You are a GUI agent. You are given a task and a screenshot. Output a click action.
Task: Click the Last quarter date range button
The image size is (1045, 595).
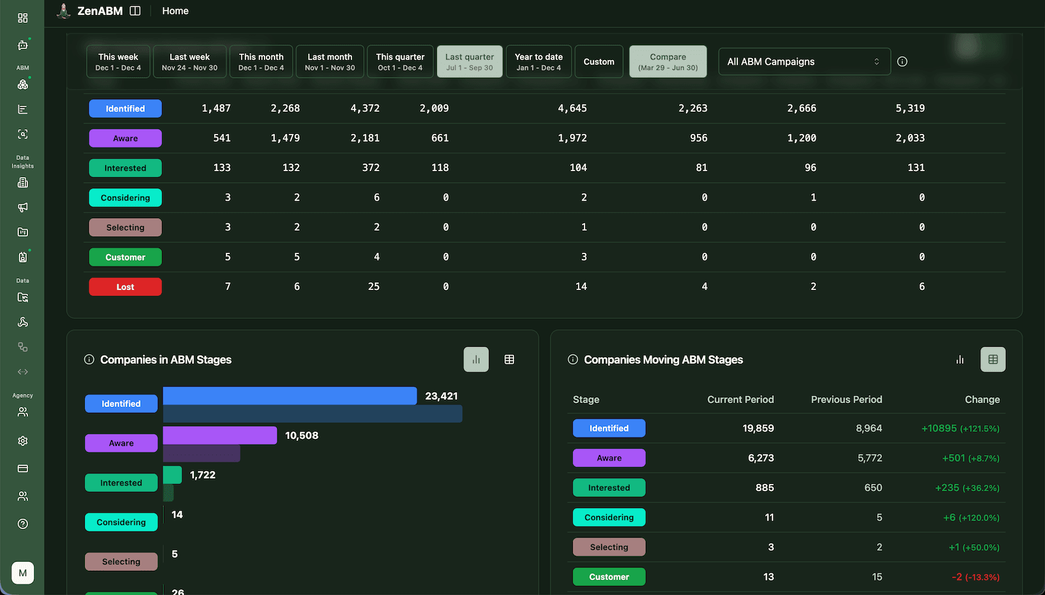[x=469, y=61]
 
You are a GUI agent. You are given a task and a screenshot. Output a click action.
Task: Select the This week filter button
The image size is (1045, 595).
[x=118, y=61]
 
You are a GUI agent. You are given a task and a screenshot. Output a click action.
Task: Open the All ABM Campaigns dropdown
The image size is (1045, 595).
[x=804, y=61]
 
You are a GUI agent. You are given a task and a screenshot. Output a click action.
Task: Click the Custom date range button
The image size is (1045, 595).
[x=598, y=61]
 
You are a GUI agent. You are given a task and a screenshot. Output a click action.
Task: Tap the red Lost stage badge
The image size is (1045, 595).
[x=125, y=287]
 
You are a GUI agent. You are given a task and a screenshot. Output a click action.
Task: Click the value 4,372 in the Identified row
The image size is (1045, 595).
[x=364, y=108]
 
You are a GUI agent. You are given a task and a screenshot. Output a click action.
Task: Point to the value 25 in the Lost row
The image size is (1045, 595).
[x=374, y=287]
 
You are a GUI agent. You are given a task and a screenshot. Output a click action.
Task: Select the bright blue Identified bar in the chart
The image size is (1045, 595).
[x=289, y=396]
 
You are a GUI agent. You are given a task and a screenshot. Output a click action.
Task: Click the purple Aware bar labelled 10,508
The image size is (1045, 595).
[x=219, y=436]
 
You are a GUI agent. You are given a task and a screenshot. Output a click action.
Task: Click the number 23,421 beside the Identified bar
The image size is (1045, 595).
[x=442, y=396]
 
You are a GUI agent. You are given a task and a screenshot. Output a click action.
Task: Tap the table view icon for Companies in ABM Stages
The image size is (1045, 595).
[x=509, y=359]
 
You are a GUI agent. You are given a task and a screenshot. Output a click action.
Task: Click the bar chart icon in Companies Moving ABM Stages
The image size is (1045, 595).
[x=959, y=359]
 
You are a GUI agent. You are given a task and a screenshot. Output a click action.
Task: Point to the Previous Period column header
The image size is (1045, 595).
[x=846, y=400]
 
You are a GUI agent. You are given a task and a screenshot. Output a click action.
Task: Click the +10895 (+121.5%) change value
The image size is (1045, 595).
[x=960, y=428]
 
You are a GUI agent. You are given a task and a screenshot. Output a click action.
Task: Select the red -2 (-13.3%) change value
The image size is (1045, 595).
[x=975, y=577]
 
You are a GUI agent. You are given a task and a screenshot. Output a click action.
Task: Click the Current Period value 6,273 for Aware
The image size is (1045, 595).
[x=761, y=458]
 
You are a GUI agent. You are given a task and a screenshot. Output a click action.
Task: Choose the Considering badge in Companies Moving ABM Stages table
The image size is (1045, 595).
[x=609, y=517]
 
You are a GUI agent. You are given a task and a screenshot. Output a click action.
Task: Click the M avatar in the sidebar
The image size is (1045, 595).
[x=23, y=573]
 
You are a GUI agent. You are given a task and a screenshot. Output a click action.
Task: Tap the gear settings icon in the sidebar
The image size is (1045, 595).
[x=23, y=441]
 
